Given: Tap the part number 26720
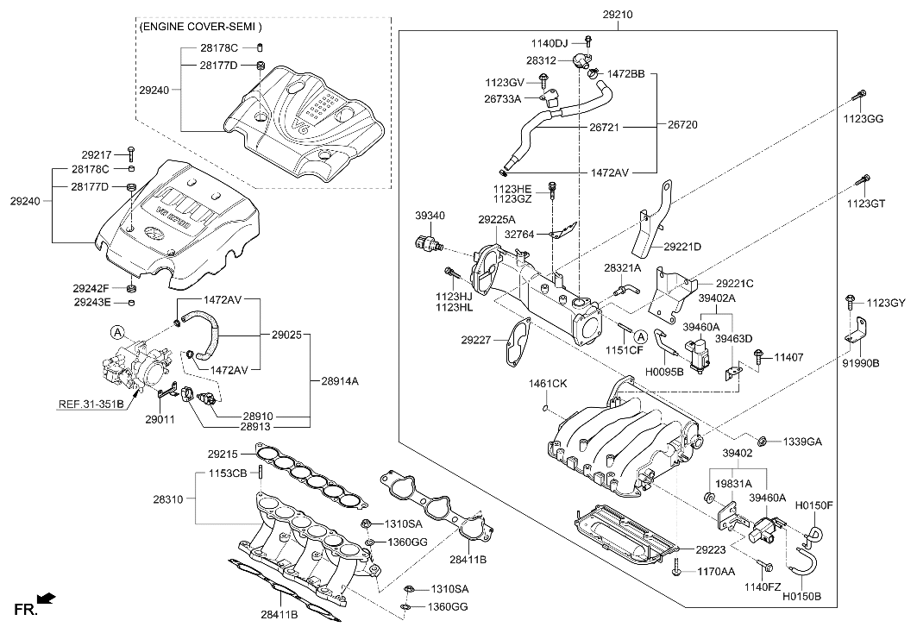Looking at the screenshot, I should pos(681,125).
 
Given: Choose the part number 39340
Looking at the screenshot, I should pos(430,216).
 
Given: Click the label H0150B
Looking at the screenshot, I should pos(801,595).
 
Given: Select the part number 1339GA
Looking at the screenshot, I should pos(802,442).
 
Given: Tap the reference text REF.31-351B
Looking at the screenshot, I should pos(91,404).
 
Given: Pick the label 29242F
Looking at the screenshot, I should pos(91,288).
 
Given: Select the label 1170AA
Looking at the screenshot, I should pos(717,571).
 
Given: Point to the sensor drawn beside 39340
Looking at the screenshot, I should pos(427,241).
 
